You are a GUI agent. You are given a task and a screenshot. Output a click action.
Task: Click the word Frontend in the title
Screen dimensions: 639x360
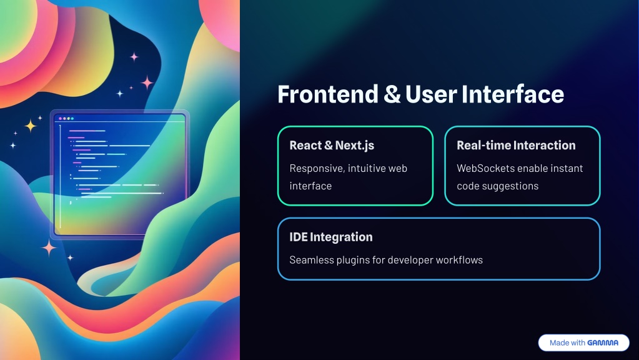pyautogui.click(x=328, y=94)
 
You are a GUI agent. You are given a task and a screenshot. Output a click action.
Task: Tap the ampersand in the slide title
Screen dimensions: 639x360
pyautogui.click(x=392, y=94)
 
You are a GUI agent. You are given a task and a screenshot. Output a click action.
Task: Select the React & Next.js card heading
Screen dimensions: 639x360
pyautogui.click(x=332, y=146)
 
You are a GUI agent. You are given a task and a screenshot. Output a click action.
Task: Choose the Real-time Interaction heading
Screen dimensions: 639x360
pyautogui.click(x=516, y=145)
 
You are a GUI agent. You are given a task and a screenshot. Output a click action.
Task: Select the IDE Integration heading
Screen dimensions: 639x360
pyautogui.click(x=331, y=237)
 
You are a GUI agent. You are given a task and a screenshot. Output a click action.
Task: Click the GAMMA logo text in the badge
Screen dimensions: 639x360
pyautogui.click(x=603, y=343)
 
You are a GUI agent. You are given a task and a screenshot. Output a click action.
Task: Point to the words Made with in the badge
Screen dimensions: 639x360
pyautogui.click(x=567, y=343)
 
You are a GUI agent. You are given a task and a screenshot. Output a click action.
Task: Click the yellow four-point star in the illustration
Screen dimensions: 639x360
pyautogui.click(x=31, y=126)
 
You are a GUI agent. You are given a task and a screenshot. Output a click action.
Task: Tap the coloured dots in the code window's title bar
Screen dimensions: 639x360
pyautogui.click(x=66, y=119)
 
